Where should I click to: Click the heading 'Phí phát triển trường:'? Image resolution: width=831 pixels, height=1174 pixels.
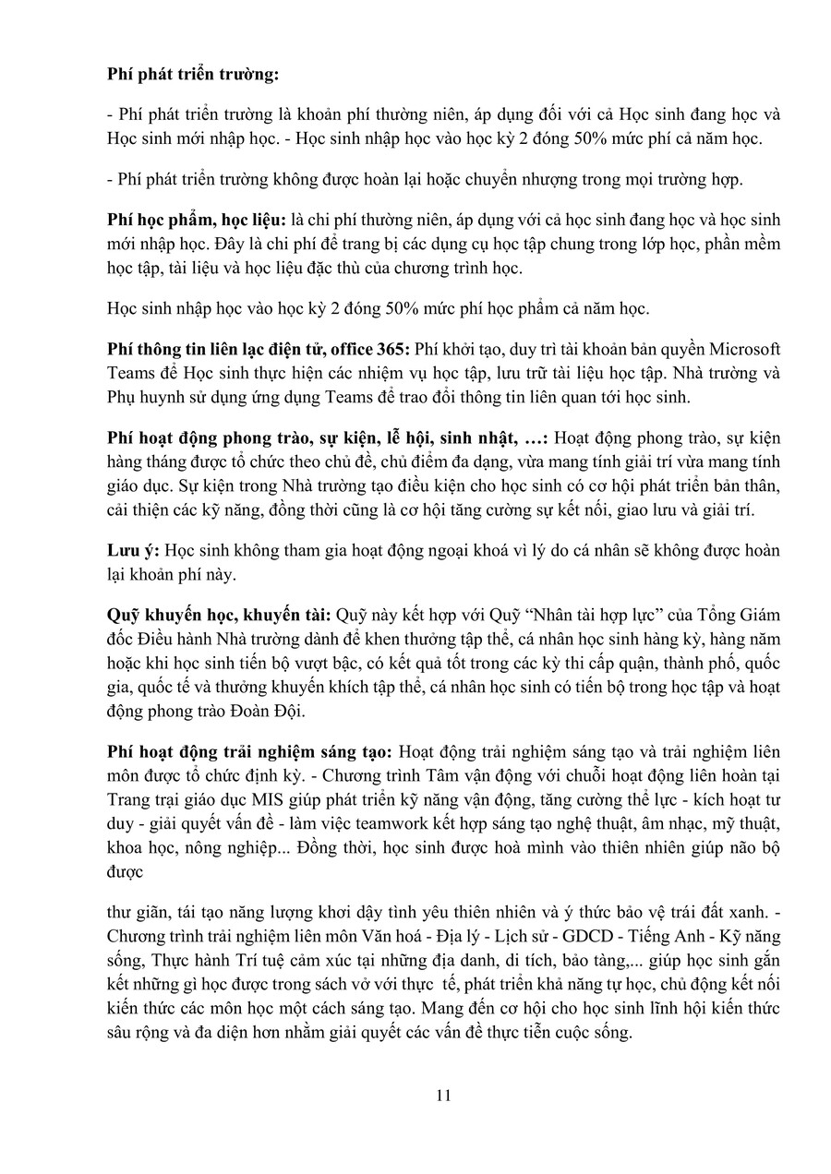(x=193, y=76)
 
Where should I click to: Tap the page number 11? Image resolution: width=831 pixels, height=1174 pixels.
(x=442, y=1096)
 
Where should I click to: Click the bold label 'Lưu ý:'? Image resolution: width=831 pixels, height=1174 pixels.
(x=133, y=550)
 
